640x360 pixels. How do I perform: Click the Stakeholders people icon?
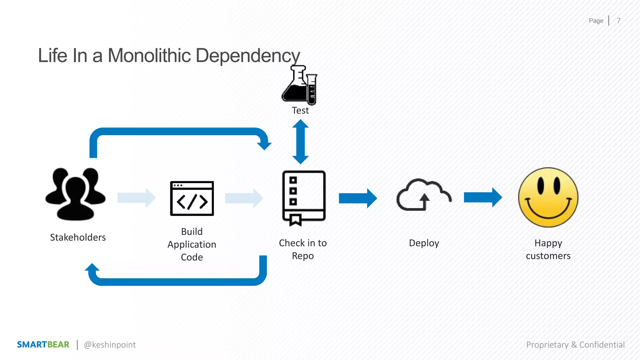pos(75,194)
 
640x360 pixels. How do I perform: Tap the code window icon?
pos(192,198)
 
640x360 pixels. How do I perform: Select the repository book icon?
pos(304,197)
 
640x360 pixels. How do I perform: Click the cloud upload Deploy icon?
pos(424,195)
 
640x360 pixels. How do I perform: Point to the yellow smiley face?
pos(548,197)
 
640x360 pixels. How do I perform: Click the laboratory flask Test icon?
pos(299,85)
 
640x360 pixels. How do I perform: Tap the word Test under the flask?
pos(300,111)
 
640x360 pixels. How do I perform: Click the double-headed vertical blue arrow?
pos(300,142)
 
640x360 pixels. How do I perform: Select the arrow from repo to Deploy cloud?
pos(357,198)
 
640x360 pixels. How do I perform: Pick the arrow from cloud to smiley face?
pos(482,197)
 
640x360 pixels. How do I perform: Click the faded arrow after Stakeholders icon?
pos(136,198)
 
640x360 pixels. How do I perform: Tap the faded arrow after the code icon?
pos(244,198)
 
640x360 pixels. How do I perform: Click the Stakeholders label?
pos(78,237)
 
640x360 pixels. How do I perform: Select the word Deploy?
pos(424,243)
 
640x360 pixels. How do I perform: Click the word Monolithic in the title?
pos(149,56)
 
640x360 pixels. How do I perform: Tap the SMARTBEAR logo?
pos(43,345)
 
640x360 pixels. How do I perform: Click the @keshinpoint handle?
pos(110,345)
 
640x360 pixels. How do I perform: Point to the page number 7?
pos(618,21)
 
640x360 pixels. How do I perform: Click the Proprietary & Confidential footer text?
pos(575,345)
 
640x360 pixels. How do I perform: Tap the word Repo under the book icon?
pos(303,256)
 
